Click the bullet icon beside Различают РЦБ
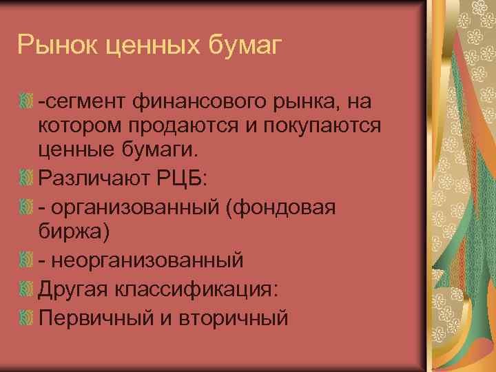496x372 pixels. (x=27, y=179)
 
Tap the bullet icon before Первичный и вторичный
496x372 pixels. (x=27, y=317)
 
